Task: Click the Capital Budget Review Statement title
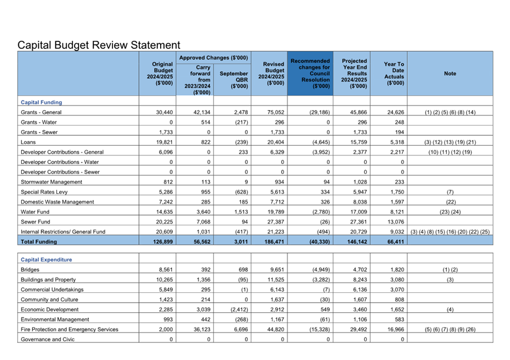tap(99, 45)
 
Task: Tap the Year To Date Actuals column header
tap(394, 73)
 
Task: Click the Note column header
tap(450, 73)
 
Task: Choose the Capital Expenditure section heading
tap(46, 259)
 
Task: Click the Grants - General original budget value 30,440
tap(164, 112)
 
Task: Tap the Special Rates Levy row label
tap(43, 192)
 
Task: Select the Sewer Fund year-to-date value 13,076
tap(394, 222)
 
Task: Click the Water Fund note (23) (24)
tap(450, 212)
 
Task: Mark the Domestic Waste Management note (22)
tap(450, 202)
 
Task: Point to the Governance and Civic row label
tap(48, 339)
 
